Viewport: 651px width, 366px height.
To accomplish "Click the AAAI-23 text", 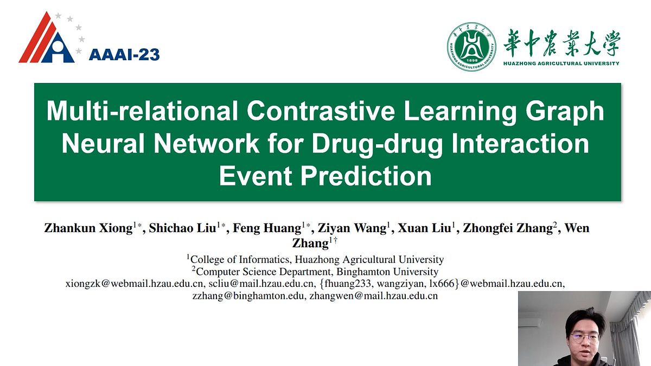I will point(124,54).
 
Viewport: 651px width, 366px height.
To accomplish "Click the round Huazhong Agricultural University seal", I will point(471,47).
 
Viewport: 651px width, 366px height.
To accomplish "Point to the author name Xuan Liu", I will point(424,228).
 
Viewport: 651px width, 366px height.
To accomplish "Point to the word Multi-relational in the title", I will point(142,111).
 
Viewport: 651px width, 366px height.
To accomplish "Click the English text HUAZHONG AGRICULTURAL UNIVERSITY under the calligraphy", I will point(561,63).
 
